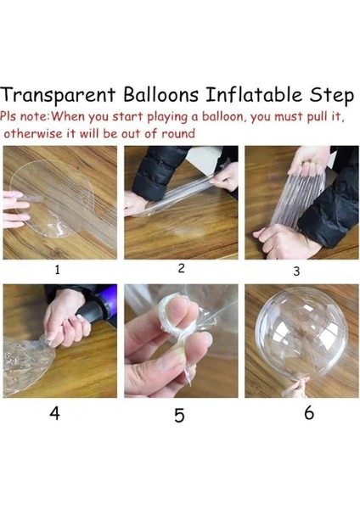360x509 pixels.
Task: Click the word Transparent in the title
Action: pyautogui.click(x=58, y=95)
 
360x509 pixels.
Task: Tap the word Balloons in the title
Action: pyautogui.click(x=160, y=94)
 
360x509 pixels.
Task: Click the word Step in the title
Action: pyautogui.click(x=331, y=96)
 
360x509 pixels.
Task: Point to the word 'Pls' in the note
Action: pyautogui.click(x=8, y=116)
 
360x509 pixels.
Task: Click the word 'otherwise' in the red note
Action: pyautogui.click(x=33, y=133)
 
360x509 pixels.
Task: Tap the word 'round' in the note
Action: pyautogui.click(x=178, y=133)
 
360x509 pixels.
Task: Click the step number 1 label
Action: pyautogui.click(x=57, y=270)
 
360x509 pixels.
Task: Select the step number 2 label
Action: pyautogui.click(x=182, y=268)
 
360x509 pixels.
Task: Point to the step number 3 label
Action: pyautogui.click(x=296, y=271)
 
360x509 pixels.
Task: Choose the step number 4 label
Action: pyautogui.click(x=54, y=414)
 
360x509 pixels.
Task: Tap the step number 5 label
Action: pyautogui.click(x=179, y=415)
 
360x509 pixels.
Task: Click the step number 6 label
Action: pyautogui.click(x=309, y=413)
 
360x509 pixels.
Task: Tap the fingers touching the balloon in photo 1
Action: pyautogui.click(x=14, y=209)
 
